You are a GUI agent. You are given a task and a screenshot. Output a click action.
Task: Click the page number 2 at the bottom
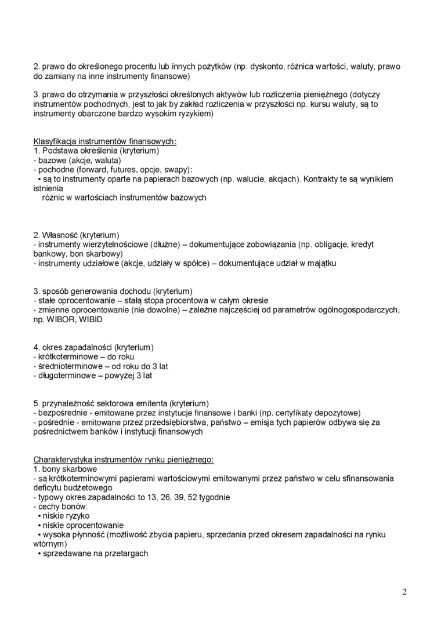(404, 592)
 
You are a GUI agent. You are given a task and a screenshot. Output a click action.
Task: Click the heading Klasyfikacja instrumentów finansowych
(105, 141)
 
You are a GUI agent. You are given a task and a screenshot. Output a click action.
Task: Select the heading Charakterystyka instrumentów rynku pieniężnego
(123, 460)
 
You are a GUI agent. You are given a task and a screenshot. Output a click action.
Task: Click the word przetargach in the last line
(126, 553)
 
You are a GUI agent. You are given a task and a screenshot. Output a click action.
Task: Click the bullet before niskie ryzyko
(38, 516)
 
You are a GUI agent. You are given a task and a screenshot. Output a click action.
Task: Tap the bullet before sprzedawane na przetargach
(38, 553)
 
